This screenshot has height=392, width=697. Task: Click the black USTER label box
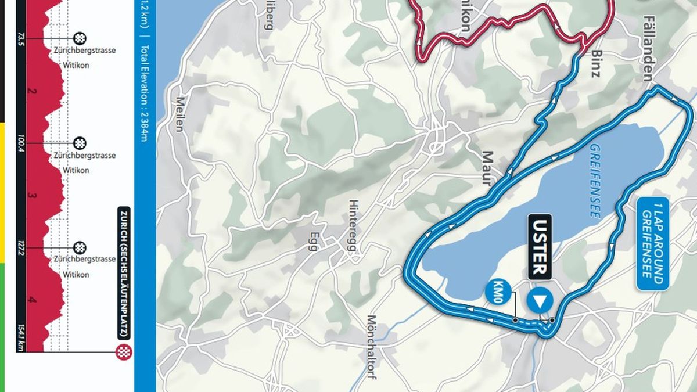pos(540,246)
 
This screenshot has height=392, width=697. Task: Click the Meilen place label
pos(179,114)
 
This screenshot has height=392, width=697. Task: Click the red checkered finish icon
pos(122,351)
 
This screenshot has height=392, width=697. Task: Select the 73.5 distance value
pos(21,38)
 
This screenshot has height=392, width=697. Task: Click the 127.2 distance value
pos(21,248)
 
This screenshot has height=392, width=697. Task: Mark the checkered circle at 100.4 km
pos(80,143)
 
